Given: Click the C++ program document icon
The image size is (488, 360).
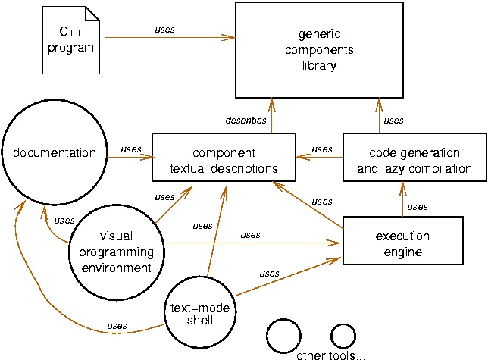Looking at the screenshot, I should pos(70,41).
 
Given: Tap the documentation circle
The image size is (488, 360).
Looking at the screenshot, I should pos(55,153).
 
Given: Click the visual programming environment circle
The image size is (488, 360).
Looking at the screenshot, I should pos(120,243).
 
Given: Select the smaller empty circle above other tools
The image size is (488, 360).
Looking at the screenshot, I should pos(343,334).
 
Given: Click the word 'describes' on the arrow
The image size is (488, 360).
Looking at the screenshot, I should pos(246,120).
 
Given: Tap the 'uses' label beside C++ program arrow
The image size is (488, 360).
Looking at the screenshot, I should pos(164,30).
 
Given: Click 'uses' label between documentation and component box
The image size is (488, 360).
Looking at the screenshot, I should pos(130,149).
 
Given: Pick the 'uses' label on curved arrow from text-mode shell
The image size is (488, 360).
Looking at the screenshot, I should pos(117,326).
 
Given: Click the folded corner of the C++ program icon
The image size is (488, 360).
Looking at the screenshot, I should pos(92,13).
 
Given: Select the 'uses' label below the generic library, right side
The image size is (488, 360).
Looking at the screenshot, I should pos(393,120).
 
